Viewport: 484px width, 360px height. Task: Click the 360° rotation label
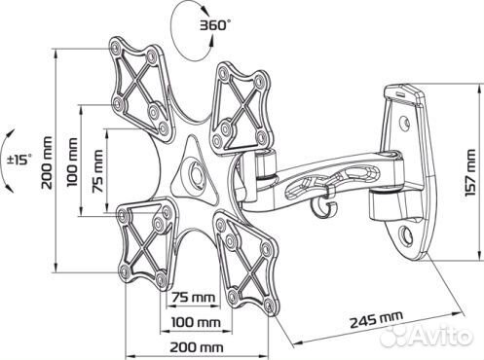pos(215,24)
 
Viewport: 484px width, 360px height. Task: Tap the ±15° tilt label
pos(20,160)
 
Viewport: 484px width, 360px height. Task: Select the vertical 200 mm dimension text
pos(47,162)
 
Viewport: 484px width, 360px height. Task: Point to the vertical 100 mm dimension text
pos(72,162)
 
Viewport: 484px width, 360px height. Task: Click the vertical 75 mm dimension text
pos(97,171)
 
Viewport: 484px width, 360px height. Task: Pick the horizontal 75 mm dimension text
pos(193,297)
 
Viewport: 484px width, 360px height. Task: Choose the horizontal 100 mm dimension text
pos(196,322)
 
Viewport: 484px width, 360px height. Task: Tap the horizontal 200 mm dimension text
pos(197,347)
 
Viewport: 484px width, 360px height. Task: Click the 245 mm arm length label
pos(376,319)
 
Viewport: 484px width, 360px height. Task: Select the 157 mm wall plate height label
pos(469,172)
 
